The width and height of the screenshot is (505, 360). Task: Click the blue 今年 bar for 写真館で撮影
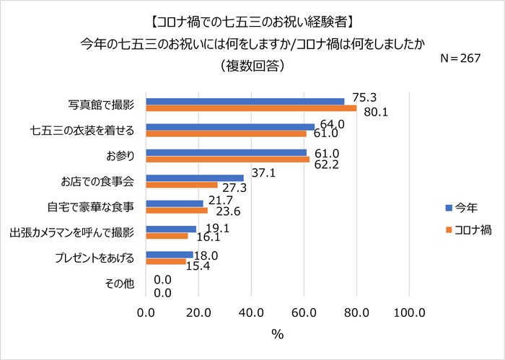(x=245, y=101)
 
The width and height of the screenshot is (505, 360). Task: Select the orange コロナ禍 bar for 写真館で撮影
(x=251, y=109)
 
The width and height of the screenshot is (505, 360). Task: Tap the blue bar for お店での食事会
(x=195, y=177)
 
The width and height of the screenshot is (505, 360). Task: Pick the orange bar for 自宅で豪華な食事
(x=177, y=211)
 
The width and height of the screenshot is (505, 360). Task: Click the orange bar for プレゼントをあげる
(x=166, y=261)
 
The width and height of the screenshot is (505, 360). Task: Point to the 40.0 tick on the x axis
(x=251, y=312)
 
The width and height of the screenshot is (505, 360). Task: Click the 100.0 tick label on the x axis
(x=409, y=312)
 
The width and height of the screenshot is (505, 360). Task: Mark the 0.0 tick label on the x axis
(x=146, y=312)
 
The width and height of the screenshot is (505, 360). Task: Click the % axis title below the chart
(x=277, y=335)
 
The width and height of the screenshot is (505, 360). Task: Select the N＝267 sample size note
(x=461, y=58)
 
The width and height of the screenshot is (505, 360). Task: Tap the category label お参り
(x=120, y=156)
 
